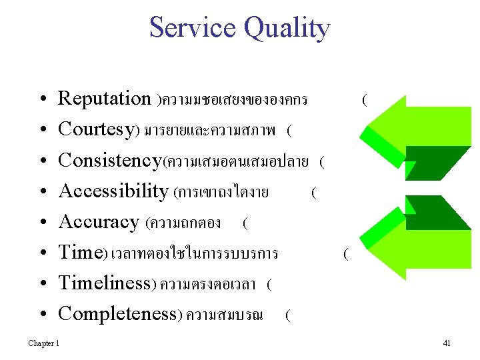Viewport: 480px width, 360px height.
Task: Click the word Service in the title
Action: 193,28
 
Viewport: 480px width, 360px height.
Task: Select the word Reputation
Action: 105,99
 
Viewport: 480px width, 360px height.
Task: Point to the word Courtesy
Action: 97,130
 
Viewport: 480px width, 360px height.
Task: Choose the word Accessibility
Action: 113,191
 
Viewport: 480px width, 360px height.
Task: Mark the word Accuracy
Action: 99,222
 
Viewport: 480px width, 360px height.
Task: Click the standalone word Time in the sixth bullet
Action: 79,253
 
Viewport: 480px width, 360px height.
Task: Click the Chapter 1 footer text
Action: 43,343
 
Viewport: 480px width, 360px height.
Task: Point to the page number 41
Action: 447,343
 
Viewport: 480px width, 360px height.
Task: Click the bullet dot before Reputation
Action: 42,100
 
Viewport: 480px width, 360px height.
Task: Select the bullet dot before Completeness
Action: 42,315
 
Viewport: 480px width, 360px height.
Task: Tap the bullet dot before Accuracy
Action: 42,223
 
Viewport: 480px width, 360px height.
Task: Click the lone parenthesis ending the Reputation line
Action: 363,101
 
